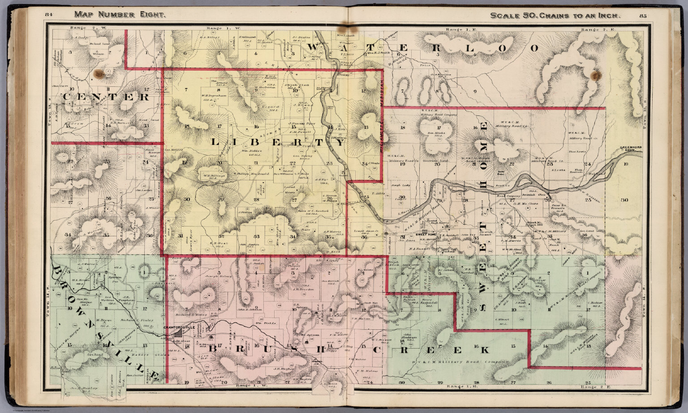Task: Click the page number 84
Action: click(x=49, y=15)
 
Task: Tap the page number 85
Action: click(x=644, y=16)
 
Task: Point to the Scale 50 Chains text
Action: click(x=555, y=16)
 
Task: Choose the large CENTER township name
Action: click(x=107, y=97)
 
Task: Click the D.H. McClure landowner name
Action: click(x=522, y=204)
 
